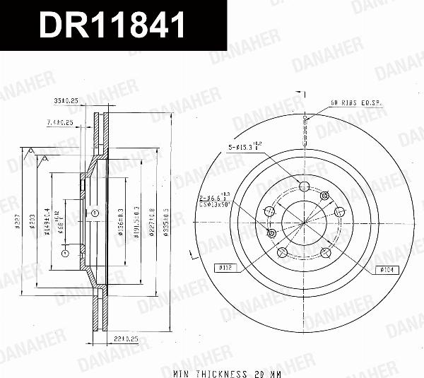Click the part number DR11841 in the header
coord(112,25)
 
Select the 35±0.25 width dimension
coord(66,100)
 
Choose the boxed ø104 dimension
coord(389,268)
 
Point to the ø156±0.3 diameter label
coord(121,220)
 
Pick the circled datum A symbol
coord(64,252)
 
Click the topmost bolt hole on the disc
coord(305,187)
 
